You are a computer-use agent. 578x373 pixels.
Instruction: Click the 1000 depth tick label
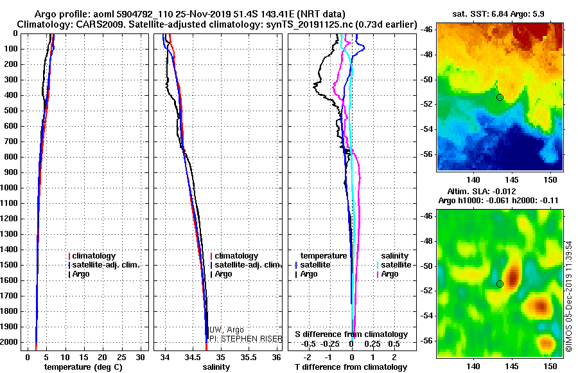point(9,188)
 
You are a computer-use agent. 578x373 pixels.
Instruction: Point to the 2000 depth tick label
point(9,342)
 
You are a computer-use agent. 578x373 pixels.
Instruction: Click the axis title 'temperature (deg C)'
point(83,367)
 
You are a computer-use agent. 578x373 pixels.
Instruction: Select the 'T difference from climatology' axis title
point(351,367)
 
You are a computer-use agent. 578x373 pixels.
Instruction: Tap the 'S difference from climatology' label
point(351,334)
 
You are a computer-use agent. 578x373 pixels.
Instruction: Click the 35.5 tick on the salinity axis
point(249,357)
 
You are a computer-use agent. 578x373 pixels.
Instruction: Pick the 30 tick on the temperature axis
point(140,357)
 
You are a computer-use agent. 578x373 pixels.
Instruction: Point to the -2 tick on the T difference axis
point(308,357)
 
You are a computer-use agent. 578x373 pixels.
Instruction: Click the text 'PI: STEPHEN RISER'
point(246,339)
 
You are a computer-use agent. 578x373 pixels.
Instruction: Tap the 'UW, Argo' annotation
point(226,330)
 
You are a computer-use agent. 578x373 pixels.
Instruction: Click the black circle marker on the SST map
point(500,98)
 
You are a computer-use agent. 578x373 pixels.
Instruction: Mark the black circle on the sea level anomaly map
point(500,284)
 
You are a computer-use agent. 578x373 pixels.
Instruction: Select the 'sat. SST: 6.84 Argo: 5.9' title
point(498,14)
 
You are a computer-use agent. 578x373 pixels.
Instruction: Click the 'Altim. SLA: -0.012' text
point(482,192)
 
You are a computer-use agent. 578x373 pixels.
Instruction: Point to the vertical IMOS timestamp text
point(569,296)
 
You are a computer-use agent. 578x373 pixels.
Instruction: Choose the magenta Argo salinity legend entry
point(387,274)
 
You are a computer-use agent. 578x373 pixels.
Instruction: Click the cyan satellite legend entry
point(394,265)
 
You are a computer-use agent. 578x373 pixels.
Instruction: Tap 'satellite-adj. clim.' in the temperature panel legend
point(104,265)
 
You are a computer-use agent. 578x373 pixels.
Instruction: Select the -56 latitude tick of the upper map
point(427,154)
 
